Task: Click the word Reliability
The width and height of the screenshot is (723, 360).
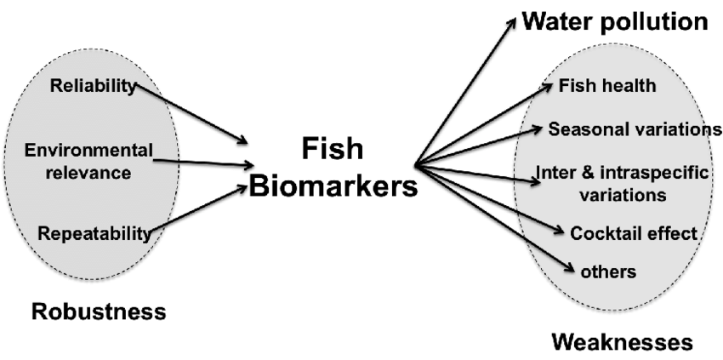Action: pos(94,85)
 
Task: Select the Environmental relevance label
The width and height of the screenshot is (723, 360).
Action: pos(88,162)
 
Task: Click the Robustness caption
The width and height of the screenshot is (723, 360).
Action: pos(99,311)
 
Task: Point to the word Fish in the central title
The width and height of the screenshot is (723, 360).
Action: pos(333,149)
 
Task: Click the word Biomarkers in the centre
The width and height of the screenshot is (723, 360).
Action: pos(333,186)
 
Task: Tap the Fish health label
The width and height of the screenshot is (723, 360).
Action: pos(606,85)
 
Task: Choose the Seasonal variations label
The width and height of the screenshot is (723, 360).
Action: pos(635,129)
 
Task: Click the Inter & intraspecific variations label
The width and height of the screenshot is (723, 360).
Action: pos(622,183)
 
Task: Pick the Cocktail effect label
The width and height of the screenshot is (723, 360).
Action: pos(634,232)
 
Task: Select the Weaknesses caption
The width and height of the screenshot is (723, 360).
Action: pos(622,342)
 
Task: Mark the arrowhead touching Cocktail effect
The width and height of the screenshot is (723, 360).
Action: pos(559,230)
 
